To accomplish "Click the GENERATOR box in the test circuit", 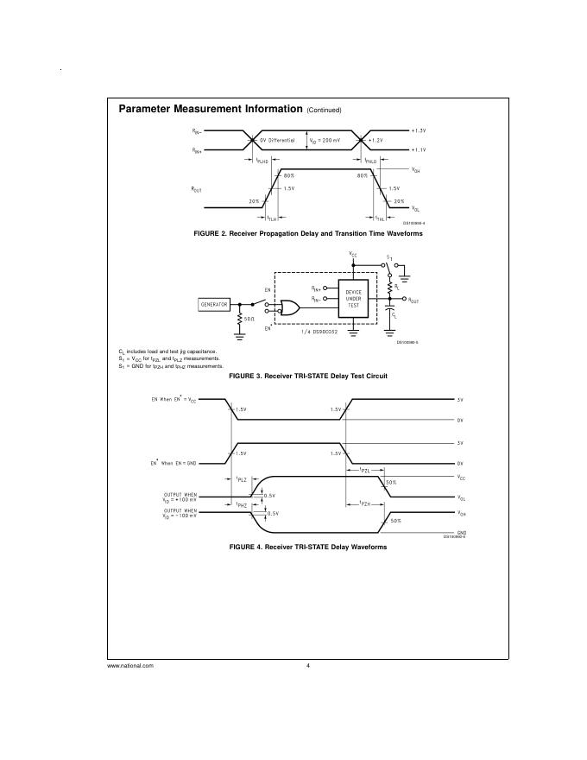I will (x=214, y=305).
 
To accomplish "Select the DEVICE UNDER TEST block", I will (x=353, y=299).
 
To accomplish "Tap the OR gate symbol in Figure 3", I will (x=289, y=307).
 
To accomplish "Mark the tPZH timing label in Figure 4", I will (x=366, y=503).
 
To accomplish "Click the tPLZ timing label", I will (x=243, y=478).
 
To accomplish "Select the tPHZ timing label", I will (x=243, y=503).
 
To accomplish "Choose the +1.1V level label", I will (x=419, y=149).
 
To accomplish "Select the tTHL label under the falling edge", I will (x=380, y=218).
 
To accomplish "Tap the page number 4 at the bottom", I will (x=307, y=665).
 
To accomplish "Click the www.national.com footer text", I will (x=130, y=665).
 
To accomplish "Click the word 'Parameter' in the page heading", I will (x=143, y=110).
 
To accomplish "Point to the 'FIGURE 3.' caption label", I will (x=245, y=377).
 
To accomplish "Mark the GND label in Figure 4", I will (x=461, y=532).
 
